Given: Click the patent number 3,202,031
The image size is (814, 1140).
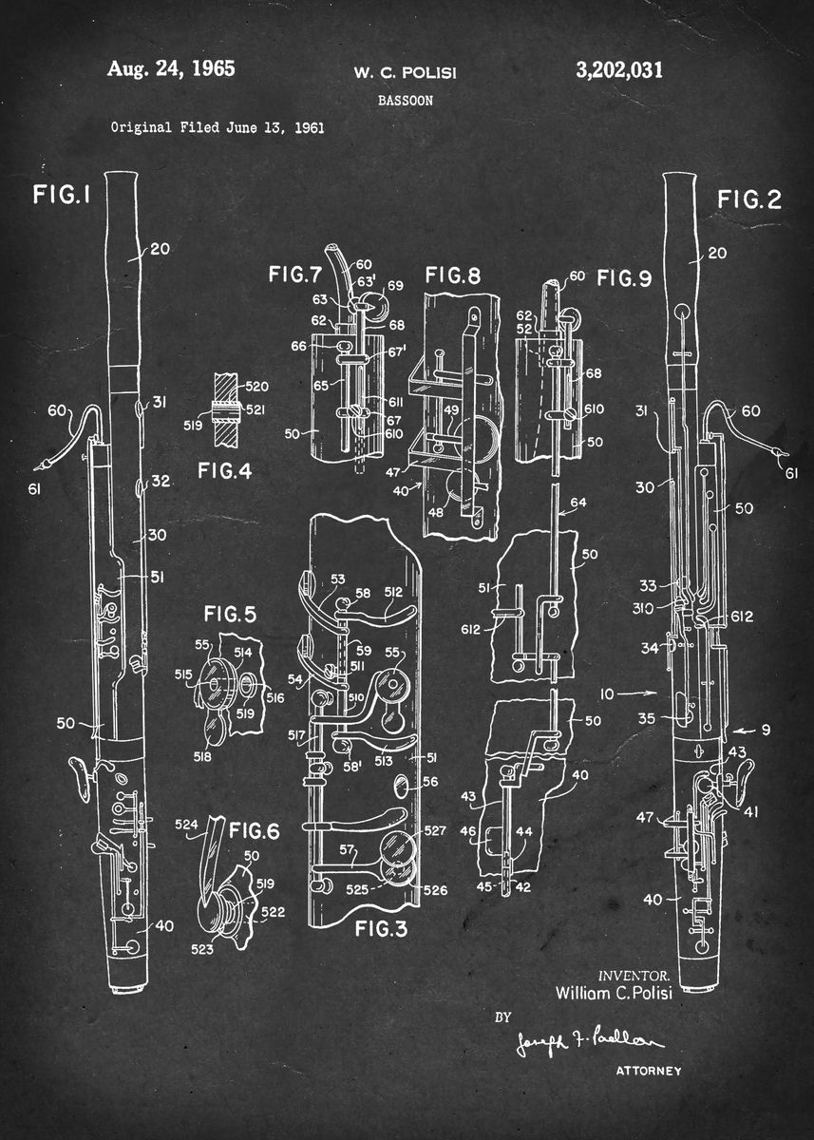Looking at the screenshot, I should click(x=618, y=69).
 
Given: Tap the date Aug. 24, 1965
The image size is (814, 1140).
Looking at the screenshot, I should click(x=171, y=68).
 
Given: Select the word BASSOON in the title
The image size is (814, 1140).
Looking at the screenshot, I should click(x=406, y=99).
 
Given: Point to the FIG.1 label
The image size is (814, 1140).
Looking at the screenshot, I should click(x=61, y=195).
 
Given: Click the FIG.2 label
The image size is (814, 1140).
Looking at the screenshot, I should click(x=748, y=199).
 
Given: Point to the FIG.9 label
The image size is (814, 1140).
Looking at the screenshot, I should click(x=623, y=279).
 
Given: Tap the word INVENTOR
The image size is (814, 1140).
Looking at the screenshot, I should click(x=634, y=976).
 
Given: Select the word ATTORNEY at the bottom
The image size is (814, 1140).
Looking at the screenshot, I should click(x=649, y=1072).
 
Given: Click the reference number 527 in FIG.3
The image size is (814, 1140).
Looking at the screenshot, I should click(x=435, y=831).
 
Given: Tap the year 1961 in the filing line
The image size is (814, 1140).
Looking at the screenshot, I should click(x=309, y=127).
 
